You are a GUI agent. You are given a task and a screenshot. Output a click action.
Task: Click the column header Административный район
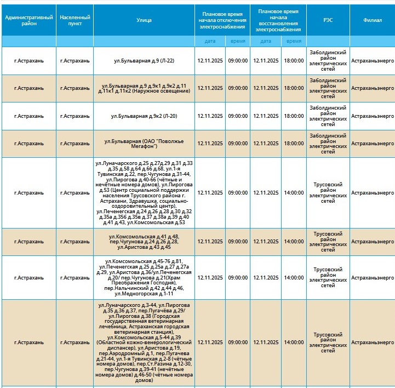pyautogui.click(x=28, y=20)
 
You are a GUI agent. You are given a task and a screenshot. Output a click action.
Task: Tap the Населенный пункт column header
pyautogui.click(x=75, y=20)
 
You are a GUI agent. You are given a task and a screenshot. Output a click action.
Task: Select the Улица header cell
pyautogui.click(x=144, y=20)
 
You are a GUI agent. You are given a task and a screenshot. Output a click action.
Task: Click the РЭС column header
pyautogui.click(x=328, y=20)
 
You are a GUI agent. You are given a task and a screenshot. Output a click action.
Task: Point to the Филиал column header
pyautogui.click(x=373, y=20)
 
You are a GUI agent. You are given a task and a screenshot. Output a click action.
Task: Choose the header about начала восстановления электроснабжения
pyautogui.click(x=278, y=20)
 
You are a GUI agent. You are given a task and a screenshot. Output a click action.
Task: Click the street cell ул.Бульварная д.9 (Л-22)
pyautogui.click(x=144, y=61)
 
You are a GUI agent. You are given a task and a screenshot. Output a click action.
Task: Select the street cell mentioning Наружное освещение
pyautogui.click(x=144, y=88)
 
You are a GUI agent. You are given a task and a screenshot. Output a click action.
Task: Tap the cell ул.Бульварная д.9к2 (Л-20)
pyautogui.click(x=144, y=116)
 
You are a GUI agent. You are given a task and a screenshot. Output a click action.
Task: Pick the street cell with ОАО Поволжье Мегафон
pyautogui.click(x=144, y=144)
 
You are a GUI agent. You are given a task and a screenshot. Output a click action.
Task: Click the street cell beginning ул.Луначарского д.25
pyautogui.click(x=144, y=193)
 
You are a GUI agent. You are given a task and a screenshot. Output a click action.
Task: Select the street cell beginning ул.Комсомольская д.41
pyautogui.click(x=144, y=242)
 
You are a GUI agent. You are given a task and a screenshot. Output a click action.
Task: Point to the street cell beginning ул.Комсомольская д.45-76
pyautogui.click(x=144, y=278)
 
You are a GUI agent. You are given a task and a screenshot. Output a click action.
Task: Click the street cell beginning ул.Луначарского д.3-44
pyautogui.click(x=144, y=343)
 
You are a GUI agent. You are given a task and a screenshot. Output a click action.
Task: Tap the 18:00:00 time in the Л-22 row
pyautogui.click(x=294, y=61)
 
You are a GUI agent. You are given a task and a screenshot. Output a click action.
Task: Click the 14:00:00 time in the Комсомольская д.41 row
pyautogui.click(x=294, y=242)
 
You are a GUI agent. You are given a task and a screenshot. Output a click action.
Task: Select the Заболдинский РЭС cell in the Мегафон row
pyautogui.click(x=328, y=144)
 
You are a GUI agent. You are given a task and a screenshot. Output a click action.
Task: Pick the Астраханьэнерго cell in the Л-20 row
pyautogui.click(x=373, y=116)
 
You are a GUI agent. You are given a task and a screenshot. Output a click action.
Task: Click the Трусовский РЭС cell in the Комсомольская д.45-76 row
pyautogui.click(x=328, y=278)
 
